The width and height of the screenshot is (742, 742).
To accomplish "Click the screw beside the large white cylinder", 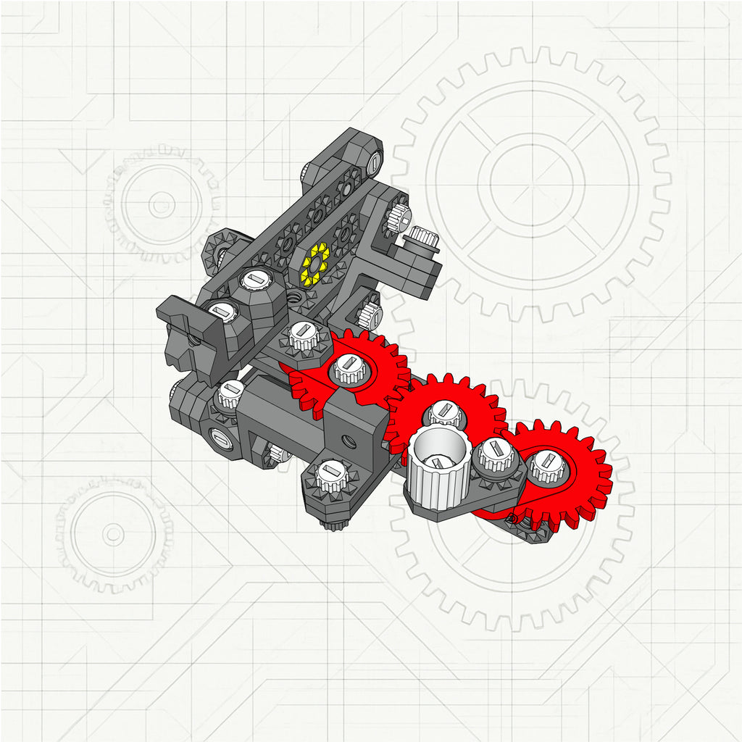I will (x=497, y=455).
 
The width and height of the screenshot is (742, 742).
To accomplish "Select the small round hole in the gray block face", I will (x=348, y=439).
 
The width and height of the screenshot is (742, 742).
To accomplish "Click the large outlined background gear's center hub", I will (x=536, y=178).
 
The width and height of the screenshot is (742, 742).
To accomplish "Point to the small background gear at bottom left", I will (x=113, y=535).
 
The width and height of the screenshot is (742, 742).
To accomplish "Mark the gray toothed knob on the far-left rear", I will (x=217, y=250).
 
